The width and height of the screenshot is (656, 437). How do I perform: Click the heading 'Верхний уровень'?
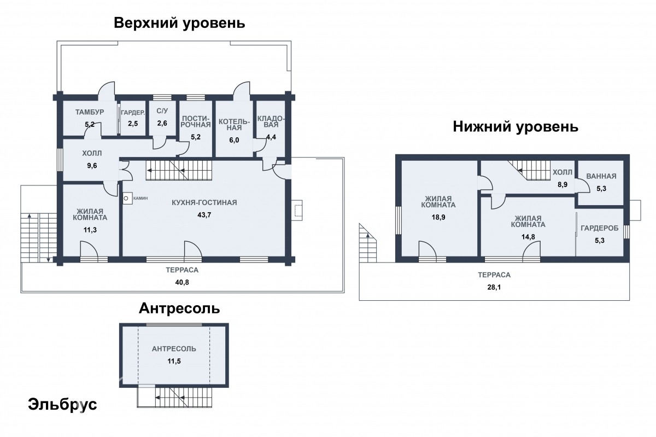(x=179, y=23)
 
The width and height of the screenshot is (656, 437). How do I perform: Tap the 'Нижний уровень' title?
(x=516, y=127)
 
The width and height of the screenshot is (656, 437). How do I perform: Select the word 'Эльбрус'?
(x=62, y=405)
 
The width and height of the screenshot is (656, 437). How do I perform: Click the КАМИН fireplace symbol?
(x=127, y=198)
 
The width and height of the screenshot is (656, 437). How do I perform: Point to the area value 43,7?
(x=204, y=215)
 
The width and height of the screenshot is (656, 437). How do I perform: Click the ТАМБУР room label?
(x=90, y=112)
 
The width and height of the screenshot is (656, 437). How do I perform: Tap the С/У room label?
(x=162, y=111)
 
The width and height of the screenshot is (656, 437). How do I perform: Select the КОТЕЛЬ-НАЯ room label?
(x=235, y=125)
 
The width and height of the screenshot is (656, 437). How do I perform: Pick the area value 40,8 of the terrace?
(x=182, y=282)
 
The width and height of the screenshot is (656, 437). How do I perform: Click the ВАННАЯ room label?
(x=601, y=176)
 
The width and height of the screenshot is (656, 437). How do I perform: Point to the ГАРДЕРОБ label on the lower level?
(x=600, y=228)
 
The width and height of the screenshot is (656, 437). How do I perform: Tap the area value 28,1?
(x=494, y=287)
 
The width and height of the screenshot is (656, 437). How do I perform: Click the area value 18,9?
(x=438, y=217)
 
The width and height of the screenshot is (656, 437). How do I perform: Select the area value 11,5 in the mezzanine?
(x=174, y=361)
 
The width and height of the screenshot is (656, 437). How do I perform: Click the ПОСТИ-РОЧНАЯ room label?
(x=196, y=121)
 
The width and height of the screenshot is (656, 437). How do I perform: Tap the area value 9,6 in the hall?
(x=92, y=166)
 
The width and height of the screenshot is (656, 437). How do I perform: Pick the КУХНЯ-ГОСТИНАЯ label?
(x=204, y=202)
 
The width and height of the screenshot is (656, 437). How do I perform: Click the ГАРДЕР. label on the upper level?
(x=133, y=113)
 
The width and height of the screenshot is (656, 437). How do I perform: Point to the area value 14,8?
(x=528, y=237)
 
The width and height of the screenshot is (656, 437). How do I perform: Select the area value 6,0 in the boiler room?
(x=234, y=140)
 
